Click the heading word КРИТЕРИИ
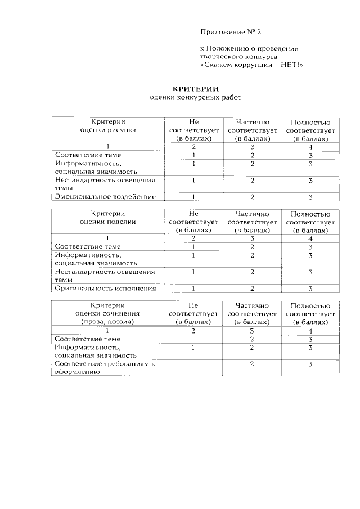tap(195, 88)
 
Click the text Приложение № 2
tap(231, 31)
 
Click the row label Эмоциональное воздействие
tap(105, 197)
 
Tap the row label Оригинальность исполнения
tap(105, 289)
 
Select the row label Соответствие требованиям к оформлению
tap(105, 368)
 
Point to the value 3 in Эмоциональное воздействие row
tap(310, 197)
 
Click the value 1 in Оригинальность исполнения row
tap(193, 289)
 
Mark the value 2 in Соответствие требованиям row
tap(253, 364)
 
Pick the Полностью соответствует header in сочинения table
tap(310, 313)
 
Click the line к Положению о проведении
tap(249, 48)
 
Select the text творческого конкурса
tap(236, 57)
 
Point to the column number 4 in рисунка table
tap(310, 146)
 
